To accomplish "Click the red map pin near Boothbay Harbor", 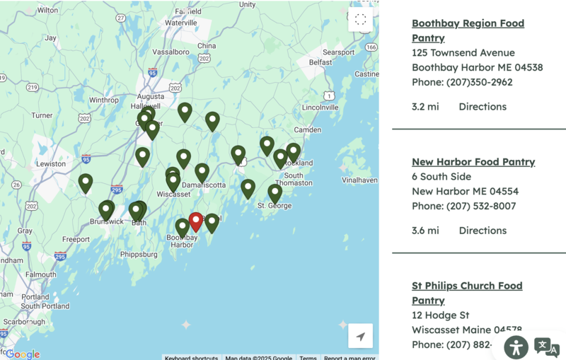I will tap(195, 221).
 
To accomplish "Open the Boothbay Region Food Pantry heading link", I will tap(468, 30).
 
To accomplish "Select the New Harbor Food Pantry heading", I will tap(473, 162).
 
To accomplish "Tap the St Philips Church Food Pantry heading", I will tap(467, 293).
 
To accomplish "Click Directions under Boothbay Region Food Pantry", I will tap(483, 107).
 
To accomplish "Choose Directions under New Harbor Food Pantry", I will tap(483, 231).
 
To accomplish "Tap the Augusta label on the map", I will tap(151, 96).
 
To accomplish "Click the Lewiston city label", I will tap(51, 163).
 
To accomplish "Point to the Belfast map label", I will tap(320, 62).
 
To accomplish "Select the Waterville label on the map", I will tap(180, 23).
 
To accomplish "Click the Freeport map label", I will tap(76, 240).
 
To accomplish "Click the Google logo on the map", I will tap(23, 354).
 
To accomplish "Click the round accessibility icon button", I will tap(516, 347).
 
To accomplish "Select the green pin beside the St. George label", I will tap(275, 192).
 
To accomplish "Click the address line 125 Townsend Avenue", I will tap(463, 53).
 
